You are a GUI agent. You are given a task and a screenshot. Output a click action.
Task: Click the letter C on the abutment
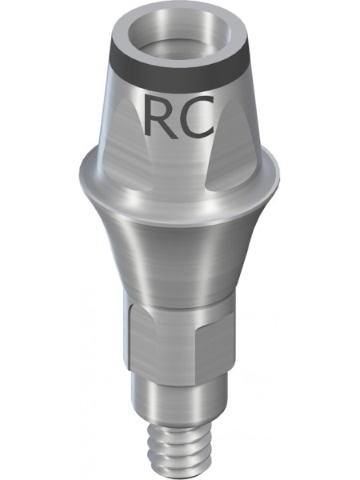click(x=196, y=116)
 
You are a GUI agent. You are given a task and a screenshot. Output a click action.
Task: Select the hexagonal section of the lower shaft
click(x=181, y=341)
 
